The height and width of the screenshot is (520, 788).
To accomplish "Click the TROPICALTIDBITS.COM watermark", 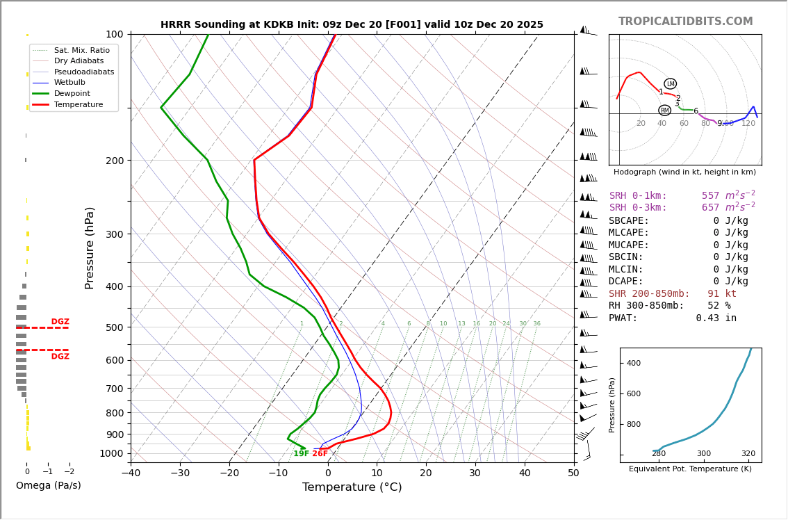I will (x=685, y=22).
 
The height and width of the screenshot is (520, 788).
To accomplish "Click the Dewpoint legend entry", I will (x=72, y=93).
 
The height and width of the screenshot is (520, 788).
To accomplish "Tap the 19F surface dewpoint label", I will (x=301, y=454).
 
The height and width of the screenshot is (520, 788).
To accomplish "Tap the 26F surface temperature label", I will (x=320, y=454).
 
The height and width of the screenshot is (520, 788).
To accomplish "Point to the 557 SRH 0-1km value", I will (x=710, y=196).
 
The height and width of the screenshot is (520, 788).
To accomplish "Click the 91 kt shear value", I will (x=722, y=293).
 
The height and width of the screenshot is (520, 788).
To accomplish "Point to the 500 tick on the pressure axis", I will (x=115, y=327).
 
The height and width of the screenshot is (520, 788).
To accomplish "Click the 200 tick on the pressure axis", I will (x=115, y=161).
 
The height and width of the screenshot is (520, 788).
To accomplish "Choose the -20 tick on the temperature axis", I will (x=229, y=473).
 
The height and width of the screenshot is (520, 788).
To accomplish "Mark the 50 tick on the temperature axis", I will (x=573, y=473).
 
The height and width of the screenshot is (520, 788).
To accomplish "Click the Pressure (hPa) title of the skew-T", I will (x=90, y=247).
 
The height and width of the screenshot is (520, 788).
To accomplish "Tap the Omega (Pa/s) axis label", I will (x=48, y=485).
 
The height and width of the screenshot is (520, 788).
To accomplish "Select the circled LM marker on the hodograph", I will (x=670, y=84).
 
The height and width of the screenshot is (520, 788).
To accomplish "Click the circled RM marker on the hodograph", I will (x=664, y=111).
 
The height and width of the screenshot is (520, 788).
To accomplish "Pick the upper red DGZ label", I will (x=60, y=322).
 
